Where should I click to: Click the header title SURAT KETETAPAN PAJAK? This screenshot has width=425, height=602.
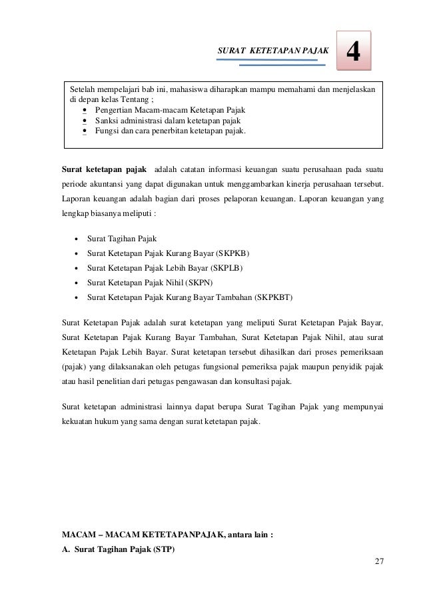(274, 51)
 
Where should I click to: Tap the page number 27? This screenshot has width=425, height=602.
(378, 559)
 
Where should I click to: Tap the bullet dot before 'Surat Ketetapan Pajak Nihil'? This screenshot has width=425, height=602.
(77, 283)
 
